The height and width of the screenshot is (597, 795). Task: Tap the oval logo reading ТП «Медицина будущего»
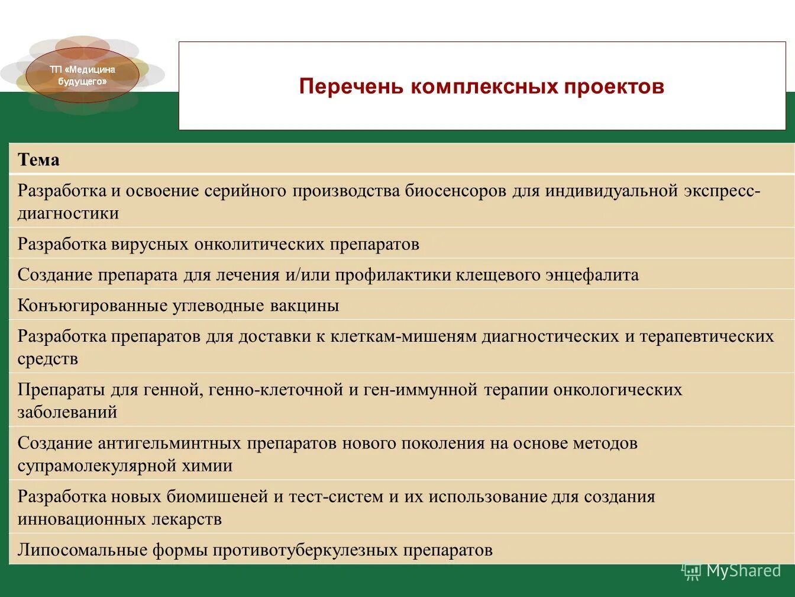point(82,75)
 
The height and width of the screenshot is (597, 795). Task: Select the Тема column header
point(38,160)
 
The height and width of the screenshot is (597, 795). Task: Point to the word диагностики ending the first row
point(68,213)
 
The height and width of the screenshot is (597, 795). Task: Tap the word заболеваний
point(67,412)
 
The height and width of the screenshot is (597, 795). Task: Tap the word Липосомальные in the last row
point(82,550)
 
